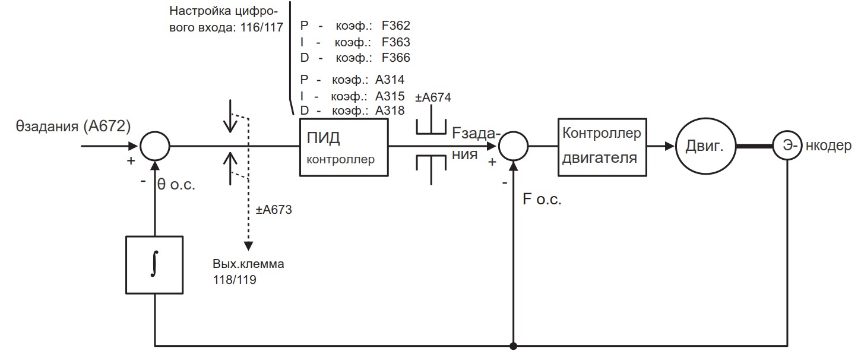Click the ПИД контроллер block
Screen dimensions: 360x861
click(x=343, y=147)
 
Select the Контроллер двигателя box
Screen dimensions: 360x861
click(x=602, y=146)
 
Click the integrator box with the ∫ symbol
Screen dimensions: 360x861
click(x=154, y=264)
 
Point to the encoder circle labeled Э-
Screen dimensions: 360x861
click(x=787, y=146)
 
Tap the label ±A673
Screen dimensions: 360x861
click(x=273, y=210)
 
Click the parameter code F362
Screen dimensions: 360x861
click(x=395, y=26)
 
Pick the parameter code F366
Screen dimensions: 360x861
click(x=395, y=58)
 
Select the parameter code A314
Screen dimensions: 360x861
click(x=390, y=80)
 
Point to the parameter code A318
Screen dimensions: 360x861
click(x=390, y=110)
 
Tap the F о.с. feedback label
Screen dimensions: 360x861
click(x=542, y=200)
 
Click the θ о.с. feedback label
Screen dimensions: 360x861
click(x=176, y=184)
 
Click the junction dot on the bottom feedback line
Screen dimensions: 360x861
click(x=513, y=345)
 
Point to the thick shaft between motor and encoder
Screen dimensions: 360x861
click(x=754, y=146)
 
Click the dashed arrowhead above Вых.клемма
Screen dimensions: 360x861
click(x=249, y=245)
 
